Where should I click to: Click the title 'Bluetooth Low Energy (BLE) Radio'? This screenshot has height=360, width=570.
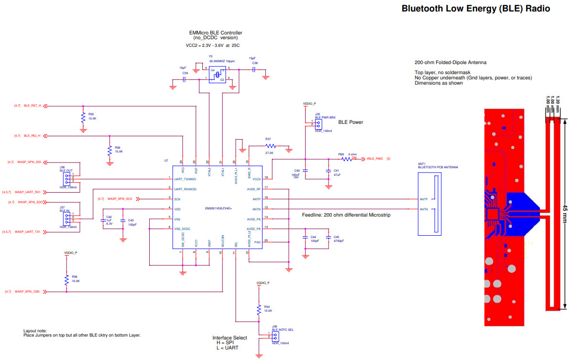[475, 9]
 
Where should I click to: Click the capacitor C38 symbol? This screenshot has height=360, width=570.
[254, 69]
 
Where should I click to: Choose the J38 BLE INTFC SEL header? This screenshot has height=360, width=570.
[275, 337]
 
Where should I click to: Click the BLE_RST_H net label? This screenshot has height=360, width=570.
[33, 106]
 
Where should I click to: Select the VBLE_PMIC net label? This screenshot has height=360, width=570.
[375, 158]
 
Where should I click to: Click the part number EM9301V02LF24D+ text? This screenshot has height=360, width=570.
[219, 208]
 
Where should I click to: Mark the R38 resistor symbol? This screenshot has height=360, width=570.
[67, 279]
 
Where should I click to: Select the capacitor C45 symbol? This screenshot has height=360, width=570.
[329, 238]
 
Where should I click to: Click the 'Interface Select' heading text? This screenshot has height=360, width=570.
[230, 338]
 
